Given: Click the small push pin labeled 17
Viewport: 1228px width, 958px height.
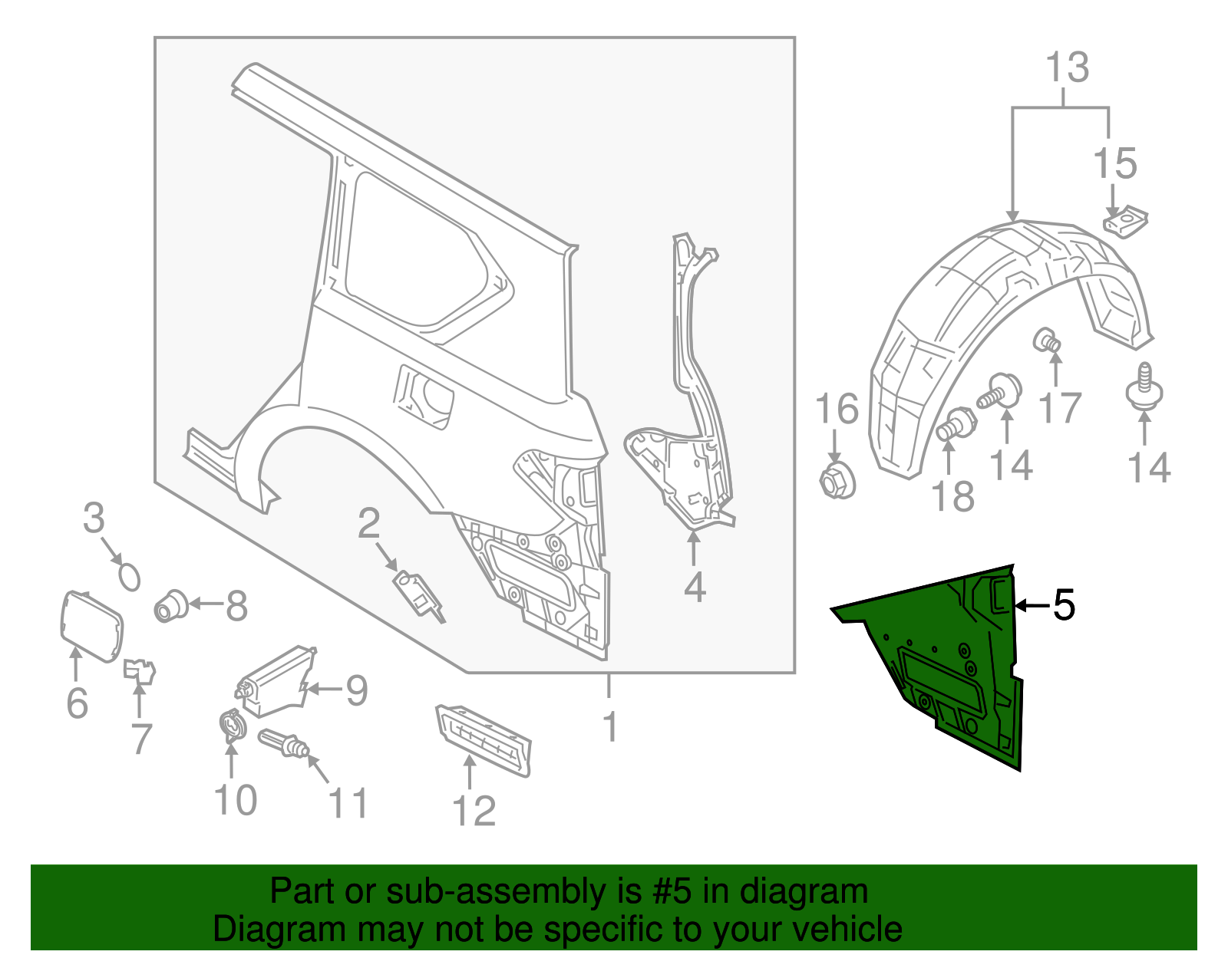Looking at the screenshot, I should pos(1048,340).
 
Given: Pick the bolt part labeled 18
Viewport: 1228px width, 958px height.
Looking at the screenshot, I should pos(956,424).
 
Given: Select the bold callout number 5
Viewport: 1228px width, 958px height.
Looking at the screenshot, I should pos(1064,606).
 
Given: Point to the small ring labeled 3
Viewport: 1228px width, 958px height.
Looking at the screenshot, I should pos(129,576).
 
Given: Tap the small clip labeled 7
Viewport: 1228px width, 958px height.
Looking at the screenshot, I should pos(139,670).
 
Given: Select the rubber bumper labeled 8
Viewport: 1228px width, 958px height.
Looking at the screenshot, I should pos(171,605).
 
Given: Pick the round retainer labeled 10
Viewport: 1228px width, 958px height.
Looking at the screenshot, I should pos(231,724).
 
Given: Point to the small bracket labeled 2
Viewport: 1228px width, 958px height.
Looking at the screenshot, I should pos(418,592).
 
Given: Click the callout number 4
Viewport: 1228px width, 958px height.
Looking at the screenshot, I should pos(694,588).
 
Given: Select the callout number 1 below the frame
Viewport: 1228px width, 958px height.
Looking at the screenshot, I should pos(610,726).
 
